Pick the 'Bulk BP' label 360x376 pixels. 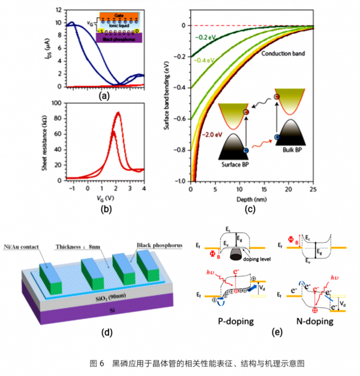[290, 148]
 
